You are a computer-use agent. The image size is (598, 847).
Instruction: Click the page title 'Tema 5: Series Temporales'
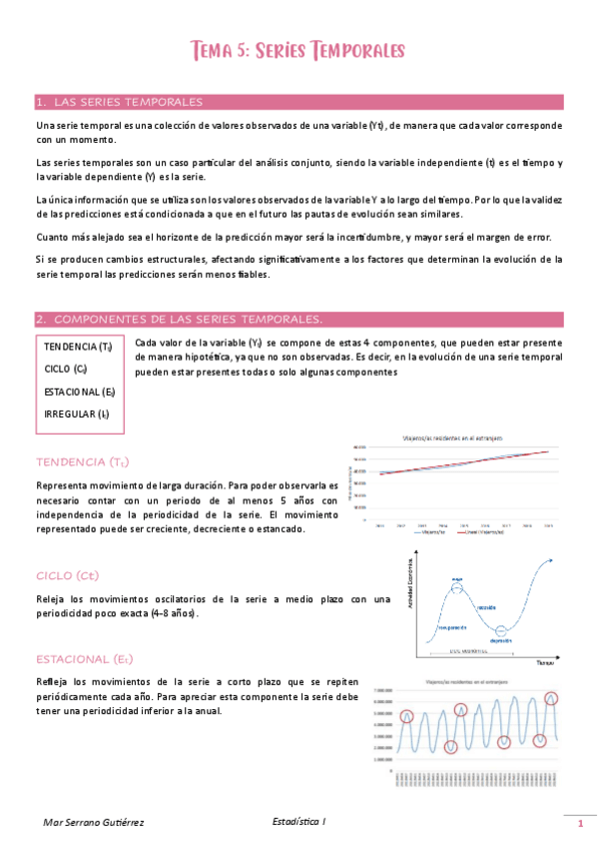299,49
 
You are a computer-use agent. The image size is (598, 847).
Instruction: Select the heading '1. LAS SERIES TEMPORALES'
119,102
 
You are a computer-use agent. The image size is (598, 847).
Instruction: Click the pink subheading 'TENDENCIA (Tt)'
82,462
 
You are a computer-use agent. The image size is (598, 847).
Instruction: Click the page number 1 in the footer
579,825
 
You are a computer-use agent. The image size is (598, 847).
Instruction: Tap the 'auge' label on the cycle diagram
456,578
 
